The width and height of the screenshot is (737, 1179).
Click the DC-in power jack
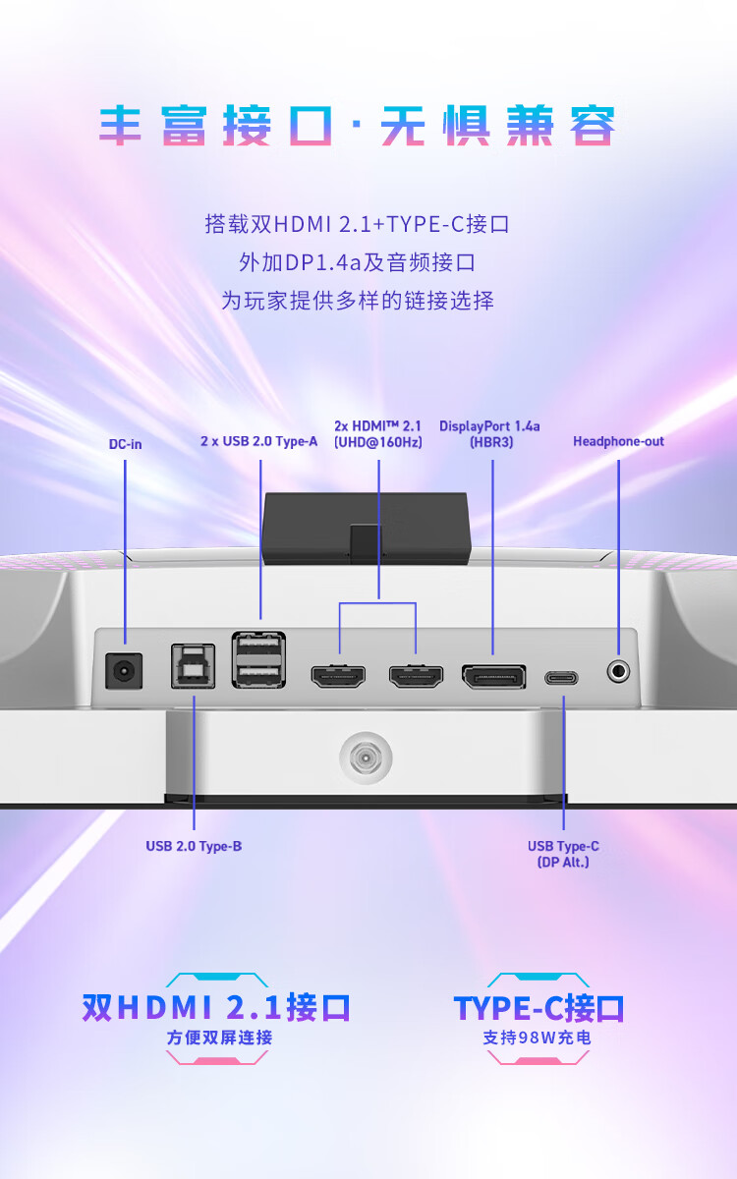124,671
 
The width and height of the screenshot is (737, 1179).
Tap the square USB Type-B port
194,666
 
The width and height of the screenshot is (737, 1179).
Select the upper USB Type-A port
258,645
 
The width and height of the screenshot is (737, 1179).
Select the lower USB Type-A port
258,674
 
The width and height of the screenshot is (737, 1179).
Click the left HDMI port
338,676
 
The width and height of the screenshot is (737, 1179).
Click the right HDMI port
416,676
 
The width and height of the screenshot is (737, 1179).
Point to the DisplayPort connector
493,676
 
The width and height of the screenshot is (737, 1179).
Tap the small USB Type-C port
561,678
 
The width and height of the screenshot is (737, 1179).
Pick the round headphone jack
618,672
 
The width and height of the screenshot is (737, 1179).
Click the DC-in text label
126,444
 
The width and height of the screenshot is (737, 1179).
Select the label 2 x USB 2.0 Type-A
259,441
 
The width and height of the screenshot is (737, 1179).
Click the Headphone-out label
618,441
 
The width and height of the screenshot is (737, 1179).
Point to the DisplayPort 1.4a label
489,426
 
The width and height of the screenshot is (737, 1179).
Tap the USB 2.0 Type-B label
194,846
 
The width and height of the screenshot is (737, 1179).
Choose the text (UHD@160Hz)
378,442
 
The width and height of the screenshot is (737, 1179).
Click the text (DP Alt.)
563,863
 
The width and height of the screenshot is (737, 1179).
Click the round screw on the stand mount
366,758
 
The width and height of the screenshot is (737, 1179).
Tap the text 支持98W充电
538,1038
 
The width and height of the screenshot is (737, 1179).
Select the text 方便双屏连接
219,1038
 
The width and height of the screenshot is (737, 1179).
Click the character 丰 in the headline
121,126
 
